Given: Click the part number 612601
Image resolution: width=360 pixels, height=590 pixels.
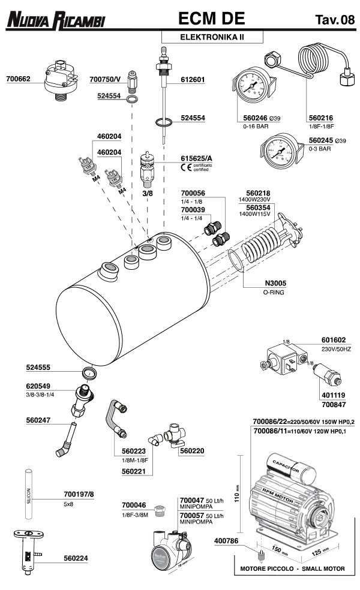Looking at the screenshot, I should pos(193,79).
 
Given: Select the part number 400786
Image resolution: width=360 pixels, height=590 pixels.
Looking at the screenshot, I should pos(226,541).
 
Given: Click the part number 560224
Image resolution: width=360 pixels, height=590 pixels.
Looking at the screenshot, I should pos(76,558).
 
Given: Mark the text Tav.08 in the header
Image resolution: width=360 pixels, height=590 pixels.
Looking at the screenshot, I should pos(334,21).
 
